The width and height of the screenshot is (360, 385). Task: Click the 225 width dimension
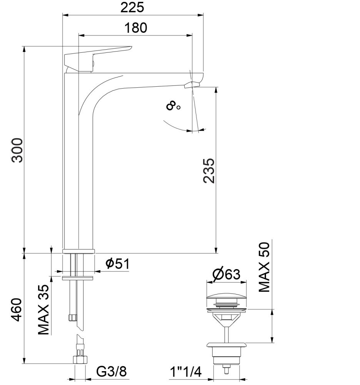[x=132, y=7]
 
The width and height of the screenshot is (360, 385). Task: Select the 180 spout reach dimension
[x=136, y=28]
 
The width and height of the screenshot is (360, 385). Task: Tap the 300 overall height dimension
[x=18, y=150]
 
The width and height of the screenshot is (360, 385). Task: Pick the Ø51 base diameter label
[x=117, y=264]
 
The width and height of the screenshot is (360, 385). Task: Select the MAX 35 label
[x=44, y=310]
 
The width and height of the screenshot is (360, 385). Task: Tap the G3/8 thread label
[x=111, y=372]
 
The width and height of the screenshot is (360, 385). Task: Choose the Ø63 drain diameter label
[x=226, y=275]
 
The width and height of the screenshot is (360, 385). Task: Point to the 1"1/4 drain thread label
[x=186, y=372]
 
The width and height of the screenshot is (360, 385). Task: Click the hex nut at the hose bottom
[x=79, y=360]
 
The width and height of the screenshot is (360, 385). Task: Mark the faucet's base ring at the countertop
[x=78, y=251]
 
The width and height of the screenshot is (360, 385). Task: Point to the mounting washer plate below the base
[x=78, y=277]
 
